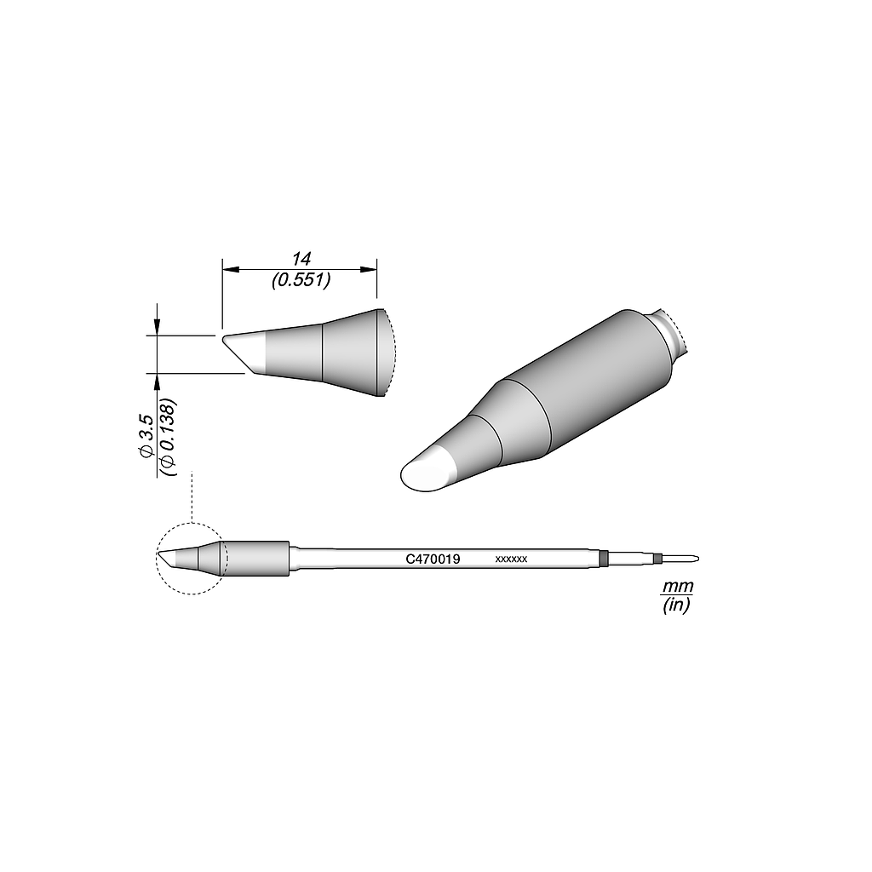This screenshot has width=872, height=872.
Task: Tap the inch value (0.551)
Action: pyautogui.click(x=301, y=280)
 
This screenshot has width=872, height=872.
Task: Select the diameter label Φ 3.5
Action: pyautogui.click(x=146, y=436)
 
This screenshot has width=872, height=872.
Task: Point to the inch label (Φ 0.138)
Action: pyautogui.click(x=167, y=436)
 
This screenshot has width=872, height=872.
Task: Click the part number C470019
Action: pyautogui.click(x=433, y=559)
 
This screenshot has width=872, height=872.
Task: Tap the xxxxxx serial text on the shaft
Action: pyautogui.click(x=512, y=559)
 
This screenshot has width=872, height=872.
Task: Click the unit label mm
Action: pyautogui.click(x=678, y=588)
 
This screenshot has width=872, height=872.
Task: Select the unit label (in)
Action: pyautogui.click(x=678, y=605)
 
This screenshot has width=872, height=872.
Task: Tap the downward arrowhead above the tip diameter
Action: pyautogui.click(x=157, y=329)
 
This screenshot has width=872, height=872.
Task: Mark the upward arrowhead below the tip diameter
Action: pyautogui.click(x=157, y=380)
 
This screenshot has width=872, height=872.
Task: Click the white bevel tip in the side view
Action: pyautogui.click(x=246, y=353)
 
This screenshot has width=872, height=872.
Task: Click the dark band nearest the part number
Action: pyautogui.click(x=604, y=559)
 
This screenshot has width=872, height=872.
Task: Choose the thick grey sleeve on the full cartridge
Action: pyautogui.click(x=258, y=558)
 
